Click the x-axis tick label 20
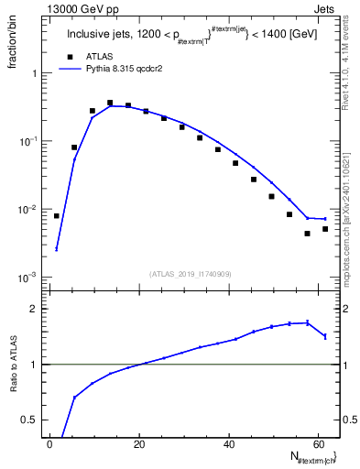coord(138,445)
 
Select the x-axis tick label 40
coord(228,445)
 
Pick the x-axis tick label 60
coord(317,445)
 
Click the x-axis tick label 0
coord(49,445)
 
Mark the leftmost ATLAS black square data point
coord(57,216)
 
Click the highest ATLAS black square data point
coord(110,104)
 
